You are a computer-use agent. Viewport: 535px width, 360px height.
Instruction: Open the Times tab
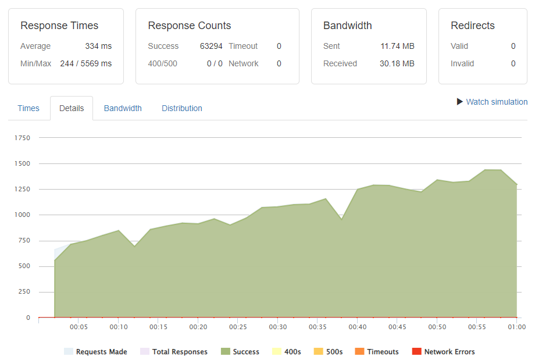28,108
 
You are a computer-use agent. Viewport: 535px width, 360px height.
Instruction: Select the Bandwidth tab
123,108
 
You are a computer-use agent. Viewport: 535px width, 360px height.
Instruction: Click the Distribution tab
182,108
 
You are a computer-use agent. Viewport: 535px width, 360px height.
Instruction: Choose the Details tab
72,108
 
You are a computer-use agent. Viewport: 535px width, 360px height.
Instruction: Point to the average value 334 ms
98,46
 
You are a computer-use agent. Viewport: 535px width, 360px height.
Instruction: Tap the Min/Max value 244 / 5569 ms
85,63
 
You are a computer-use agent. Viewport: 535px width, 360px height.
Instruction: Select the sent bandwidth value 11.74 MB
398,46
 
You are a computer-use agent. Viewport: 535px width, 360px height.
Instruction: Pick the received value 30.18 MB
397,63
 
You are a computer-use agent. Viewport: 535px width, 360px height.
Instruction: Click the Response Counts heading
190,26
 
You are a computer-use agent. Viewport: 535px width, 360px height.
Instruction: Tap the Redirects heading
473,26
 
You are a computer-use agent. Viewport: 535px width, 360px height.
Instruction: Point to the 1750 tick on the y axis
22,138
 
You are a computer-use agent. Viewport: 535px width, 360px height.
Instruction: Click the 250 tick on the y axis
24,292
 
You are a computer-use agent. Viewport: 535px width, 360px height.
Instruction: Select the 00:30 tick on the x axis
278,327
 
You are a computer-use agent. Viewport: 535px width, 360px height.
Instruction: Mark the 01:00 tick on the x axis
517,327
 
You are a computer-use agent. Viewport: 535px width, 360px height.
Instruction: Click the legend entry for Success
240,352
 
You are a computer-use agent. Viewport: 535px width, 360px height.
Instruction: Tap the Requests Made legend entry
95,352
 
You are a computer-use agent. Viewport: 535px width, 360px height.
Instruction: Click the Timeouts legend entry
377,352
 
